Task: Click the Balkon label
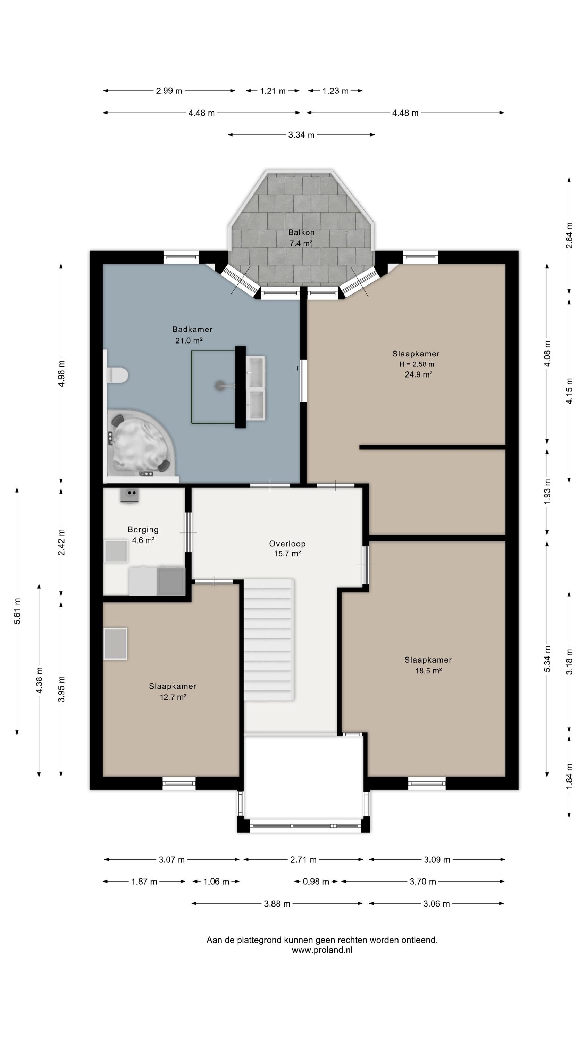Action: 301,233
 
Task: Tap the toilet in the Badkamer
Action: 117,375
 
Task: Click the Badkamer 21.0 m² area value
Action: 189,341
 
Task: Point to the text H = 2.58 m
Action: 417,364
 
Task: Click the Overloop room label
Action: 287,544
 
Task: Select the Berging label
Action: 143,529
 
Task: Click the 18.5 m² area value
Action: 428,671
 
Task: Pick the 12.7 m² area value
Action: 173,697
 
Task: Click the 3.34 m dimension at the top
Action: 301,135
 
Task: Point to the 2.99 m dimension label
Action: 169,91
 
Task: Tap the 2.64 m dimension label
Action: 569,235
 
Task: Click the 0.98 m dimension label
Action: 316,882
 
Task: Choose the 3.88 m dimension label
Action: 277,904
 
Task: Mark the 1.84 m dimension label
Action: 569,776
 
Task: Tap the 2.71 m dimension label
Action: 303,860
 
